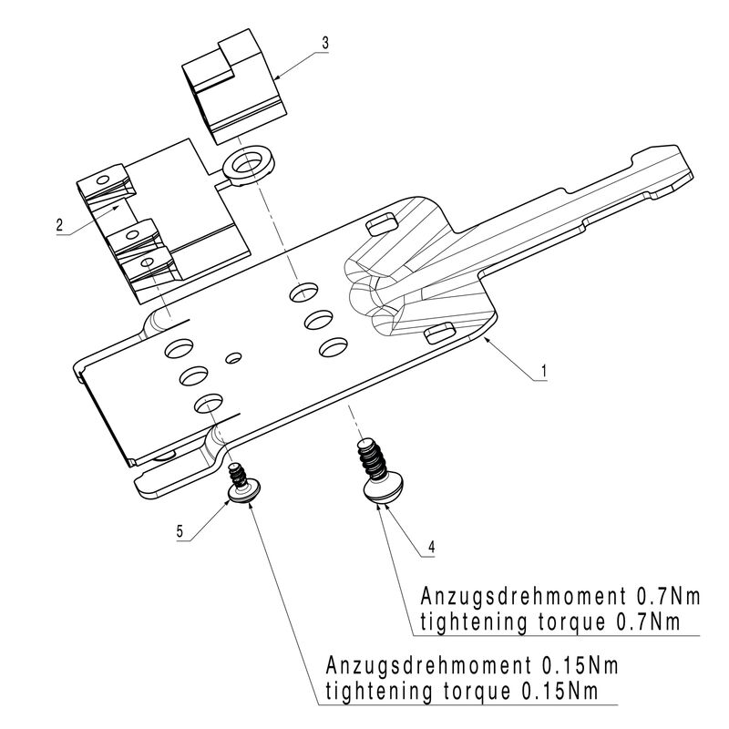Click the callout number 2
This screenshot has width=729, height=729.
tap(59, 224)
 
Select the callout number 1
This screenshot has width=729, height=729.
tap(543, 371)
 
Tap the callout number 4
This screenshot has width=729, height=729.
tap(431, 548)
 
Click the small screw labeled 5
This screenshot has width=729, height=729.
tap(241, 485)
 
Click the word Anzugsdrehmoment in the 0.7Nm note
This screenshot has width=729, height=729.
tap(519, 598)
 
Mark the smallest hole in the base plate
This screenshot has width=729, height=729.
tap(232, 356)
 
